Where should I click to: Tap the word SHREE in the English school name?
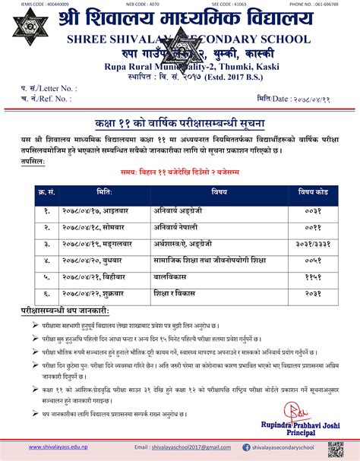85,37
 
